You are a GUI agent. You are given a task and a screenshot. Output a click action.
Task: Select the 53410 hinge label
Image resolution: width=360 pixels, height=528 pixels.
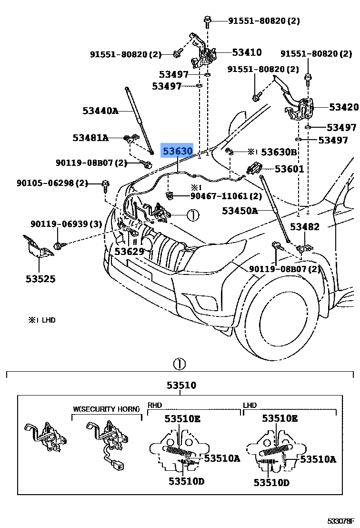pos(247,53)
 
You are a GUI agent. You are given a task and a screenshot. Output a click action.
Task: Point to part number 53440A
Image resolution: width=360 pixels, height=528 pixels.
pos(100,111)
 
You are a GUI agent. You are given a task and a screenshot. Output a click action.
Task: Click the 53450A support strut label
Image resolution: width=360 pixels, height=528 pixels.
pos(240,211)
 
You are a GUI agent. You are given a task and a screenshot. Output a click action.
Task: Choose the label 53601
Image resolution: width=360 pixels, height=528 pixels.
pos(289,169)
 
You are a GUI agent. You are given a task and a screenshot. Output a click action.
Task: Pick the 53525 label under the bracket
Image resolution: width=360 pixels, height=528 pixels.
pos(40,278)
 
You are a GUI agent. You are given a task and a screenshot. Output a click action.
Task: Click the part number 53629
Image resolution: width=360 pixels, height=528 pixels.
pos(129,251)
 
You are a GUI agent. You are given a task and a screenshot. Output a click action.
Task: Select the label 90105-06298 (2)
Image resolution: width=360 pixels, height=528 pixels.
pos(53,183)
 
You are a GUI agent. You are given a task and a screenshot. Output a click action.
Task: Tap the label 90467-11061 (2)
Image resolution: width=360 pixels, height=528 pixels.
pos(226,196)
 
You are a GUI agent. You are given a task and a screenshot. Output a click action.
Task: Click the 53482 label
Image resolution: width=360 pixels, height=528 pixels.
pos(305,227)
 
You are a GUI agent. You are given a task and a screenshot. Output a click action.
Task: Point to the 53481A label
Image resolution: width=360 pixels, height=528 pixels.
pos(90,138)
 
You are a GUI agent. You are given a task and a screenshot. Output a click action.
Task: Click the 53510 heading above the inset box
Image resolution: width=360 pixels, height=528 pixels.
pos(181,385)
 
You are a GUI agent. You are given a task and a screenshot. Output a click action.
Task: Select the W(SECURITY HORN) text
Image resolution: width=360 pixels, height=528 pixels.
pos(106,409)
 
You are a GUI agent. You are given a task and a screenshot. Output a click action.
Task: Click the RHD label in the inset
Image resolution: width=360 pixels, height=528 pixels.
pos(155,405)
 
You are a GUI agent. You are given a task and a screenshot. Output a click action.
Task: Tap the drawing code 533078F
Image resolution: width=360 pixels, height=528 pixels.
pos(341,521)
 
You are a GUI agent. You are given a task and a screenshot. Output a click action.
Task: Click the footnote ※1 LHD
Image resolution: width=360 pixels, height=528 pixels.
pos(42,320)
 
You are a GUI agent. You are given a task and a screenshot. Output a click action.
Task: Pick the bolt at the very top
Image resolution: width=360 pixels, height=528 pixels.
pos(208,20)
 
